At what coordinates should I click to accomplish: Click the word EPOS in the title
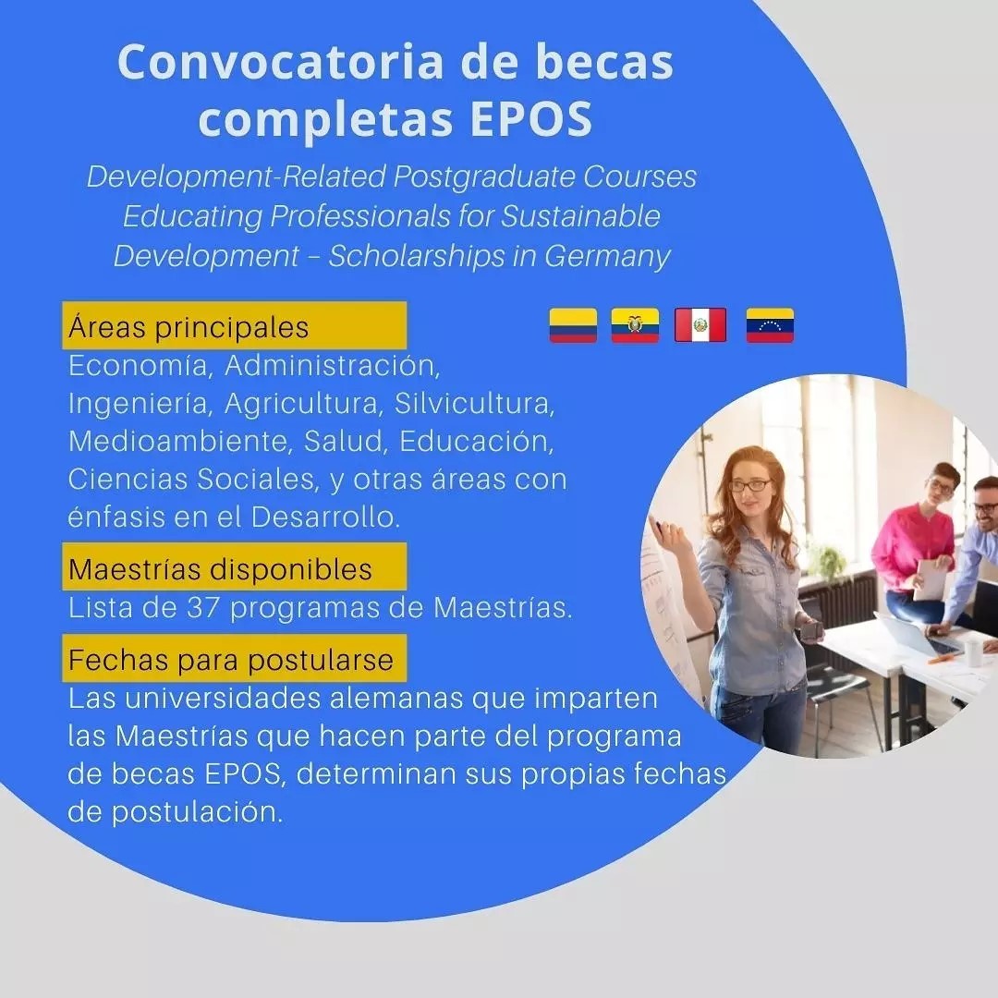[531, 118]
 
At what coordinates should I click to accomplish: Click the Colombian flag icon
[573, 325]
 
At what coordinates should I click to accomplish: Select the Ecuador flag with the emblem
[635, 325]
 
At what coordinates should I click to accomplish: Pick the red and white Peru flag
[700, 325]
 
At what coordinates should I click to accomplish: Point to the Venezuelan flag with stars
[770, 325]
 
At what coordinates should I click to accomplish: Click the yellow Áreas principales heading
[234, 326]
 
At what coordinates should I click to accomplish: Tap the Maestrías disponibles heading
[234, 567]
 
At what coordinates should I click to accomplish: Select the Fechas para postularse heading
[234, 658]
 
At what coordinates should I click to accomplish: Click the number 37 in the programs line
[203, 608]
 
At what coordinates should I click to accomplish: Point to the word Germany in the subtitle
[606, 257]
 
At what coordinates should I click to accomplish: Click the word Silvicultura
[474, 404]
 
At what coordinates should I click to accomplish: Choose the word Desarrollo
[325, 517]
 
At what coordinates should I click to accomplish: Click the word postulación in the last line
[197, 813]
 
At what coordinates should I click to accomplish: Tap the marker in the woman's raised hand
[656, 527]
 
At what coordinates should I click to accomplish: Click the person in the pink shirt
[918, 547]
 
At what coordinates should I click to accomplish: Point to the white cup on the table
[973, 652]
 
